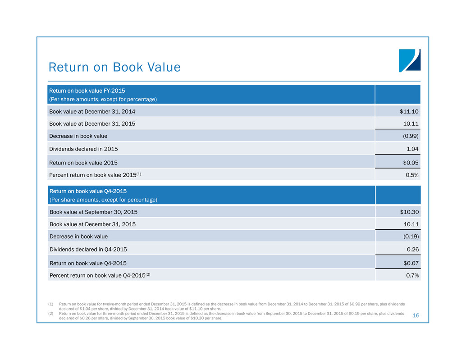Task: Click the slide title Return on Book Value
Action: pos(114,68)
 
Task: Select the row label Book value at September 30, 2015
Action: pos(93,212)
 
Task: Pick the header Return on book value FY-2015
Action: pos(87,91)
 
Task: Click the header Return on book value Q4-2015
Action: pos(88,191)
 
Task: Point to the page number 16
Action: pos(416,315)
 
